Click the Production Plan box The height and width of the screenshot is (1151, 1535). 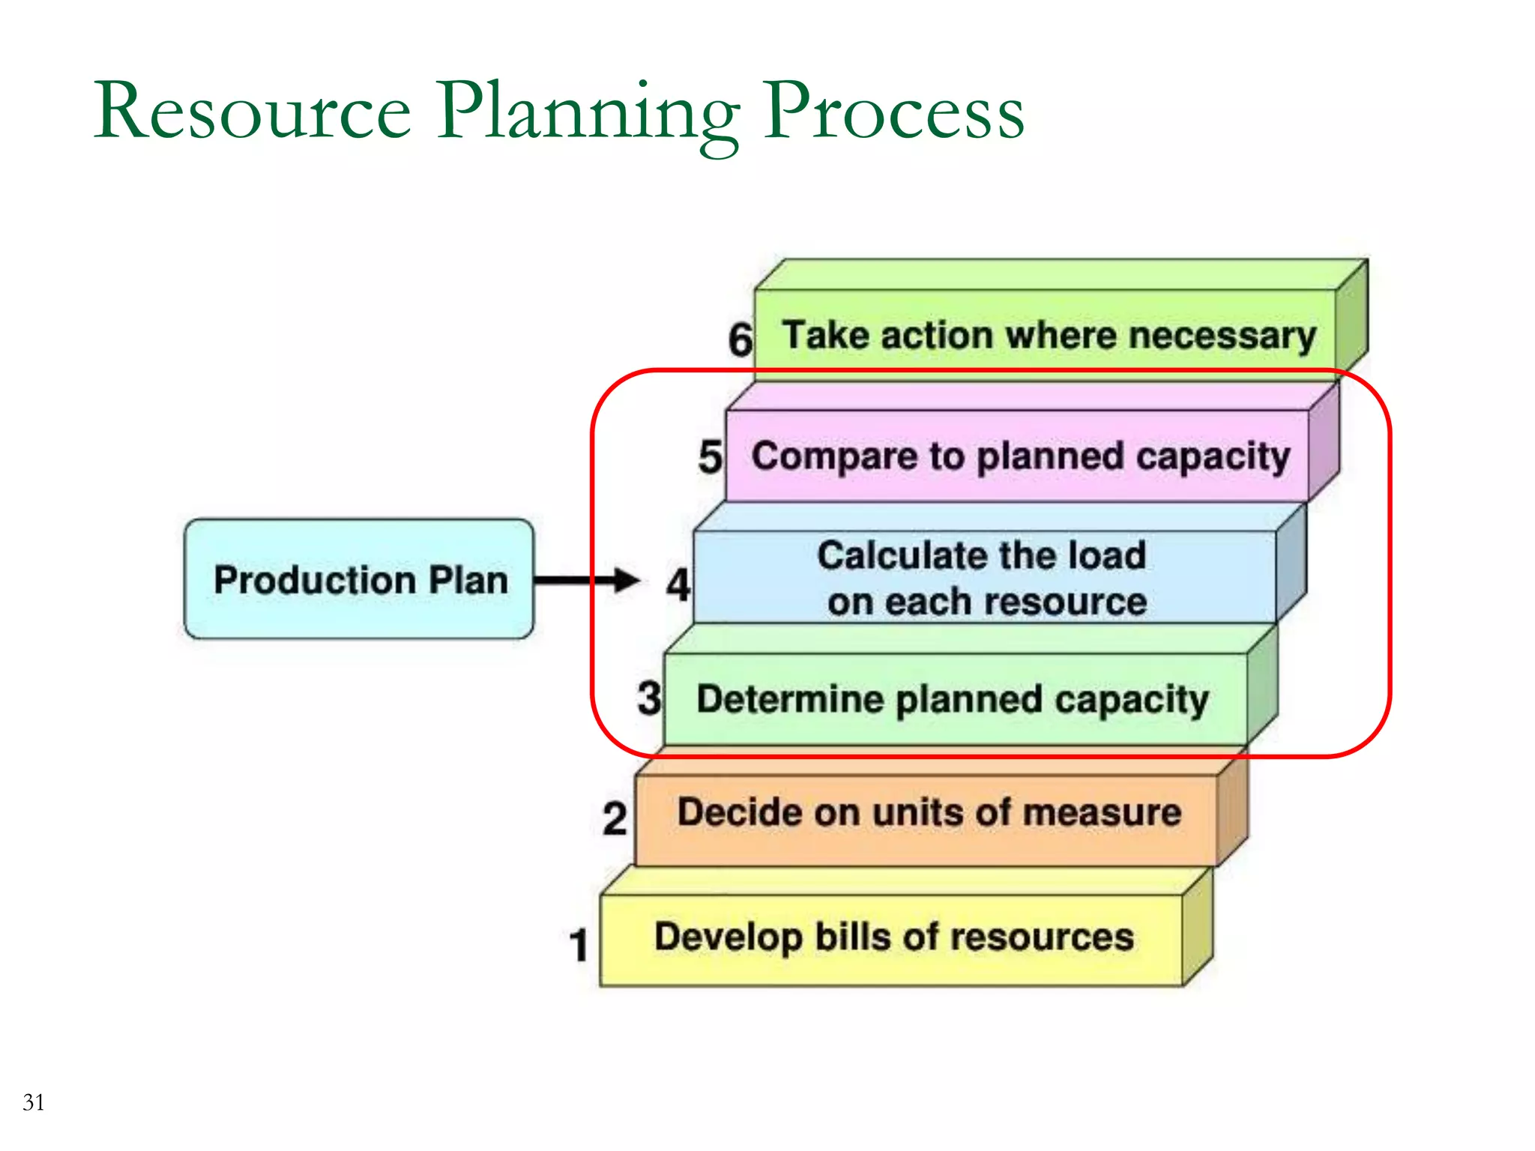359,579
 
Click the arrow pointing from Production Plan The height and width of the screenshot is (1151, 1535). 585,580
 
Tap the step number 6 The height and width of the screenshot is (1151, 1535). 740,339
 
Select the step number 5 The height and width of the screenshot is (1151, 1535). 710,457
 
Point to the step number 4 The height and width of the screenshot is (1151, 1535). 678,584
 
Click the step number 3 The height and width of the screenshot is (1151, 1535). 649,698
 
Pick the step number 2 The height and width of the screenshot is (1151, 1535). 615,818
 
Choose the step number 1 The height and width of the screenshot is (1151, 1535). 579,944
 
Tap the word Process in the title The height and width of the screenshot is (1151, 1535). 893,112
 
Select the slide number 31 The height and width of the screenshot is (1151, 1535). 34,1102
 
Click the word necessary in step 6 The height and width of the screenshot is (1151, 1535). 1222,336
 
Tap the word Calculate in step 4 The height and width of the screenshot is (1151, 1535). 899,555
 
